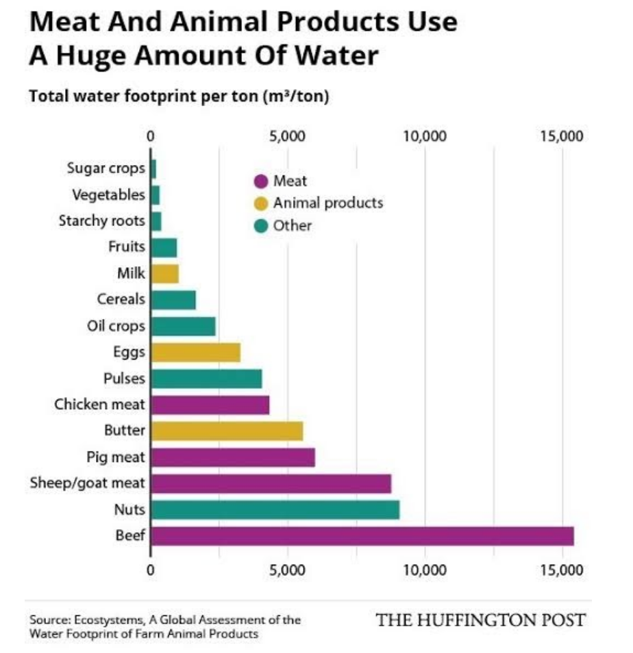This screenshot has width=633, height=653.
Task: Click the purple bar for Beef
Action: click(362, 536)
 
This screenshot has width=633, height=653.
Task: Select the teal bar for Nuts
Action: click(275, 510)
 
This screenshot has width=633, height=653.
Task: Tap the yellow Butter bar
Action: click(227, 431)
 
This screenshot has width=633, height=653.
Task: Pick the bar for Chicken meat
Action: click(210, 405)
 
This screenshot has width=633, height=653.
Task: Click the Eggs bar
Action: click(195, 353)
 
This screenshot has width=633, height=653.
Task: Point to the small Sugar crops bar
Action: click(153, 168)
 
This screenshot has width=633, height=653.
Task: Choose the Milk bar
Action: click(164, 274)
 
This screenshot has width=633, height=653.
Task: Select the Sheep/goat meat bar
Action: click(271, 483)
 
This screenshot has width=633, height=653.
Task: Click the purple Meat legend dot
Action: click(261, 181)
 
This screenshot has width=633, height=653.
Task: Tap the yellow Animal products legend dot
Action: click(261, 204)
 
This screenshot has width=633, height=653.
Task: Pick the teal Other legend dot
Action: click(261, 226)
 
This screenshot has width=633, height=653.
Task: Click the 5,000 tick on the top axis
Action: click(287, 136)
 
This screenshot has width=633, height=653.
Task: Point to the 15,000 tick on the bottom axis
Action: click(562, 569)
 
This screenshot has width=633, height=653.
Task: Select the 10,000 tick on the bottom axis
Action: click(425, 569)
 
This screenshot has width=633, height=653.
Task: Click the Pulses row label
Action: click(124, 379)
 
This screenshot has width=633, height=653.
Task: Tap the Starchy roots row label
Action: click(101, 220)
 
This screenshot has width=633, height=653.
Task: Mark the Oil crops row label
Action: click(116, 326)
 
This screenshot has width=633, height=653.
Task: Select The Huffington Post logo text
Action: click(481, 620)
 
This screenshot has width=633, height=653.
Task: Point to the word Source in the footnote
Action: click(49, 619)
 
